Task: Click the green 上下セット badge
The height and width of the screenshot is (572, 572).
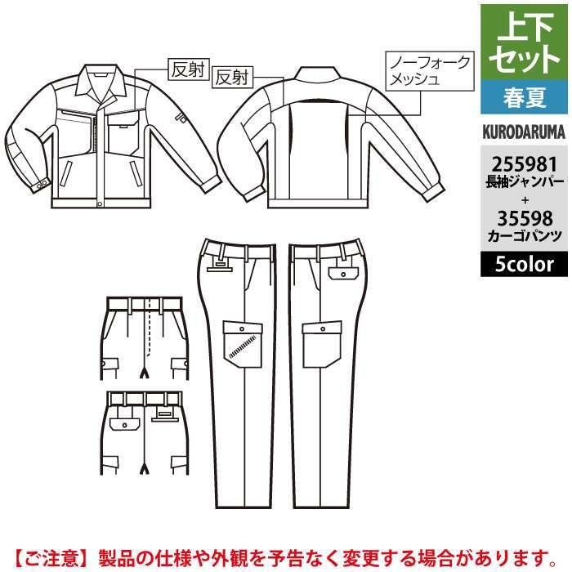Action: (524, 42)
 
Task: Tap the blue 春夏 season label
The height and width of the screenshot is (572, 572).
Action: (524, 97)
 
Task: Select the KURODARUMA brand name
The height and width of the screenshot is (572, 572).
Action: (524, 132)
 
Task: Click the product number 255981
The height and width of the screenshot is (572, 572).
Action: (525, 164)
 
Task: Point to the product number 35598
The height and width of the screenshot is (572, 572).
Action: (525, 219)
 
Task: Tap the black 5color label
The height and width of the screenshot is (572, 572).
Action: (524, 264)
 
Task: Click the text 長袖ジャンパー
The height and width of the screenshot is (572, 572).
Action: (525, 181)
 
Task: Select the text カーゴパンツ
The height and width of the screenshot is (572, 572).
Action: (525, 236)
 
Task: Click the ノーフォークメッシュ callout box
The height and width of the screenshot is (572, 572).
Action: (430, 71)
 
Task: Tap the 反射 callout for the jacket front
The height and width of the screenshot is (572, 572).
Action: (189, 69)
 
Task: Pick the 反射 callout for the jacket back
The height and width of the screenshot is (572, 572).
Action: (232, 78)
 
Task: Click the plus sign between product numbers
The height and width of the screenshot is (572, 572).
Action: (525, 200)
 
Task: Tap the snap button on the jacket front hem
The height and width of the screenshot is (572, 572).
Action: (100, 203)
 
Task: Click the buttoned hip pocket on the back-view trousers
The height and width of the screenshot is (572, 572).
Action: (343, 273)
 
